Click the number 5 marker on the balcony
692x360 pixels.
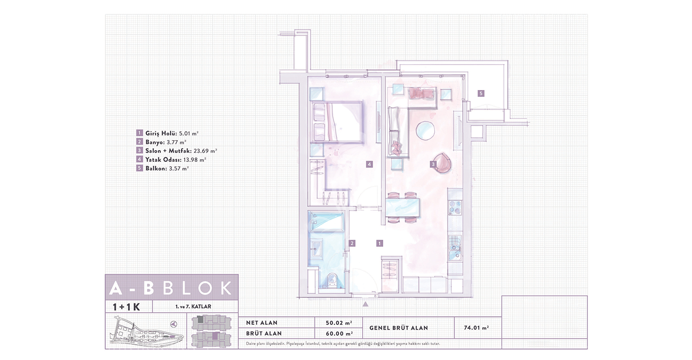[x=481, y=93]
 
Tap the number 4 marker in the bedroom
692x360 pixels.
[x=369, y=164]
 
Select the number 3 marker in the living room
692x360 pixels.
[x=433, y=164]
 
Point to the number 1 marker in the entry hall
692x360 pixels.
[x=380, y=243]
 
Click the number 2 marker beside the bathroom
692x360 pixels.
[x=352, y=243]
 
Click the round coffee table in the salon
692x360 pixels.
[x=426, y=131]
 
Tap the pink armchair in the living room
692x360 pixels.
[x=442, y=163]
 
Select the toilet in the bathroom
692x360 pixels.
[x=333, y=279]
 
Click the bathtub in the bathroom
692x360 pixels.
[x=327, y=222]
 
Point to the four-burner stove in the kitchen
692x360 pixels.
[x=455, y=208]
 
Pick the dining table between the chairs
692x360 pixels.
[x=403, y=208]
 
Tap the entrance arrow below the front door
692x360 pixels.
[x=365, y=304]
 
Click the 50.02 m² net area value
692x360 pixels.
[x=339, y=323]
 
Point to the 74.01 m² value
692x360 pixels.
[x=476, y=328]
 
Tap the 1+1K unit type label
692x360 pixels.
[x=126, y=307]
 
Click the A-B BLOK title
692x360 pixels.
[x=171, y=288]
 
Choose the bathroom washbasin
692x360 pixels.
[x=317, y=249]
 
